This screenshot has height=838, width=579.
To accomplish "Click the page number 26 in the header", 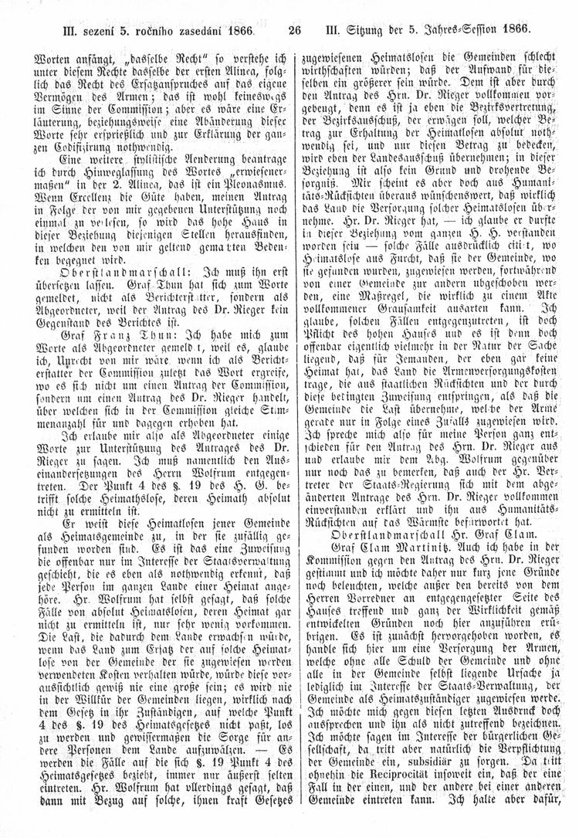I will (x=293, y=32).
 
